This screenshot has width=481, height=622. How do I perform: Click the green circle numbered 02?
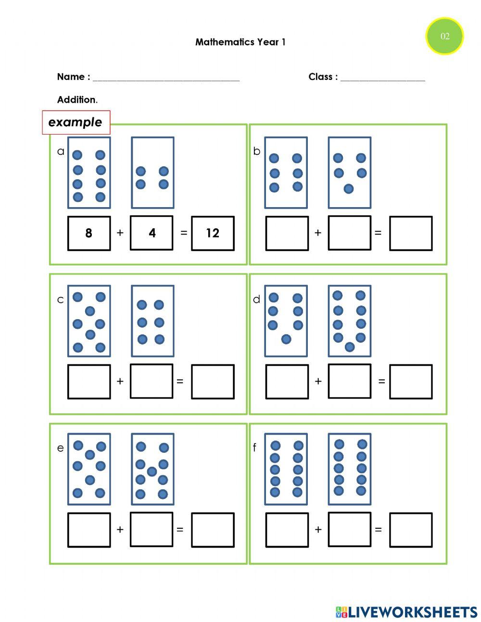[x=444, y=36]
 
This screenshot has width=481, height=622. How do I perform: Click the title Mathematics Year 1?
[x=240, y=42]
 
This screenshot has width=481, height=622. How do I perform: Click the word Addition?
[x=77, y=100]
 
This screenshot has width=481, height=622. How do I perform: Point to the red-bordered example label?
[x=76, y=122]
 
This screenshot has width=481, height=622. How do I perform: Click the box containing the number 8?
[x=89, y=233]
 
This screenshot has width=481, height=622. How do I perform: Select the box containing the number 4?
[x=152, y=233]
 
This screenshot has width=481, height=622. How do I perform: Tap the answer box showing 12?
[x=213, y=233]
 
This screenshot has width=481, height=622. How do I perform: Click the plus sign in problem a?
[x=120, y=233]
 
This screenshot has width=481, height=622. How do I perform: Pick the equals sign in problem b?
[x=378, y=233]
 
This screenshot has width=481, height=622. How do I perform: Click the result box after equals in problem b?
[x=410, y=233]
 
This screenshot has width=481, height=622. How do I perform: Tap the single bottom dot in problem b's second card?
[x=349, y=189]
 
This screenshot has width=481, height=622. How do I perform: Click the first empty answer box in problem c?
[x=89, y=382]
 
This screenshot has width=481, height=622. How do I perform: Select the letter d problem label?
[x=256, y=299]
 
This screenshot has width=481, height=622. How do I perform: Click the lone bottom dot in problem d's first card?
[x=286, y=339]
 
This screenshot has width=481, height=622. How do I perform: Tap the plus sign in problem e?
[x=120, y=529]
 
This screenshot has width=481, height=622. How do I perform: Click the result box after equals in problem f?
[x=410, y=530]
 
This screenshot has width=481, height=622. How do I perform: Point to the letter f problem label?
[x=254, y=448]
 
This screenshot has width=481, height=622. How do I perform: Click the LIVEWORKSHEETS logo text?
[x=413, y=612]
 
